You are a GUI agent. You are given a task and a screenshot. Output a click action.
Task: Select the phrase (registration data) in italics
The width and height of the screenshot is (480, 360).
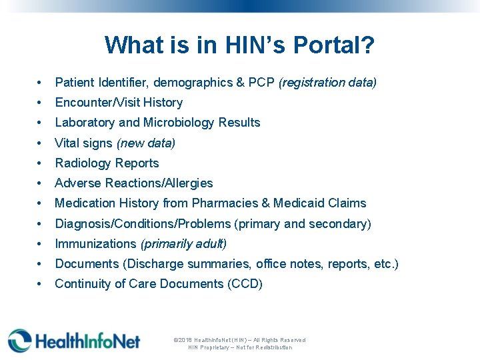pos(327,83)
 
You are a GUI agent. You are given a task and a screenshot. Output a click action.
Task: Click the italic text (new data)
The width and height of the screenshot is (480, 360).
pos(145,143)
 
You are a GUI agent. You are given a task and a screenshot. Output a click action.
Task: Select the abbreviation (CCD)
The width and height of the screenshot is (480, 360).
pos(245,284)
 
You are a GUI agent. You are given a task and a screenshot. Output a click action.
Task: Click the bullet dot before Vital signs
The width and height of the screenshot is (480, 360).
pos(41,143)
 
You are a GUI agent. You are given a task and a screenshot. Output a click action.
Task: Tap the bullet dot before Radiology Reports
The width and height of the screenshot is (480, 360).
pos(41,163)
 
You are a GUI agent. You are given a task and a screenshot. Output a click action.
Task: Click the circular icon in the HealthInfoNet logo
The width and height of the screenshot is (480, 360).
pos(20,340)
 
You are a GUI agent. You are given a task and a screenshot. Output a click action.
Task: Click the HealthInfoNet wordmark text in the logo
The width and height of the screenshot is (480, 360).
pos(87,341)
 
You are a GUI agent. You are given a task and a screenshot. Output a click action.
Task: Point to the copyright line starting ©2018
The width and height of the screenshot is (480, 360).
pos(239,340)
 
